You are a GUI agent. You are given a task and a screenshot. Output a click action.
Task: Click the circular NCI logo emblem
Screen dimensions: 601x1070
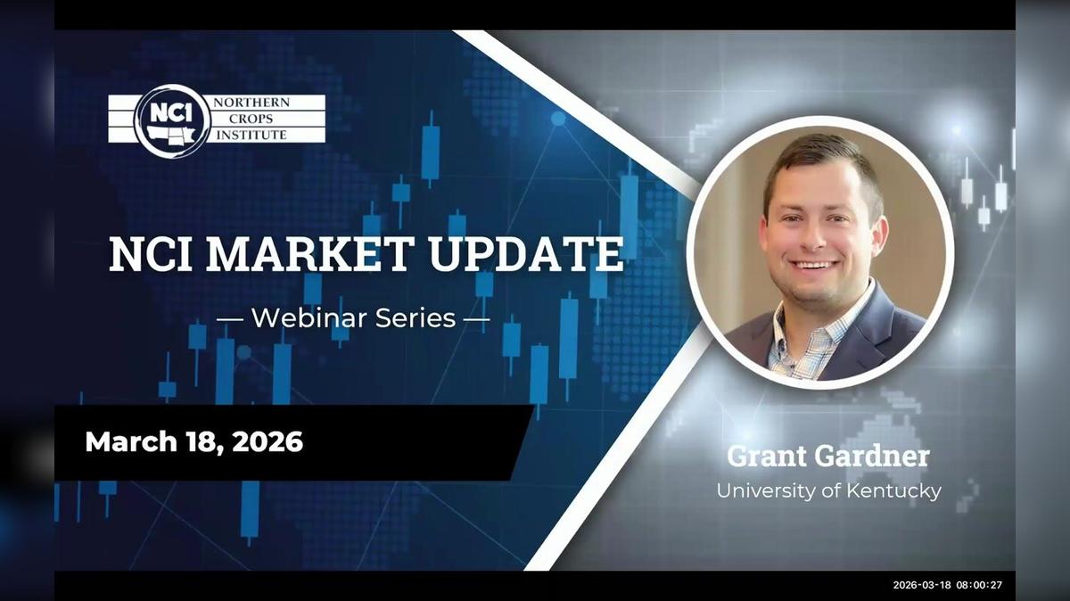click(170, 120)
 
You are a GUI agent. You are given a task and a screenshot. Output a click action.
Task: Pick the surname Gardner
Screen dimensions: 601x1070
click(871, 457)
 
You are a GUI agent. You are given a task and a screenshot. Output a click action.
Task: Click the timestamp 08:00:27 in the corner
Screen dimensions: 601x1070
click(980, 585)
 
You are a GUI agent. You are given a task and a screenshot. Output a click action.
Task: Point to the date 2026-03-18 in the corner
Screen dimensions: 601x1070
click(922, 585)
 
